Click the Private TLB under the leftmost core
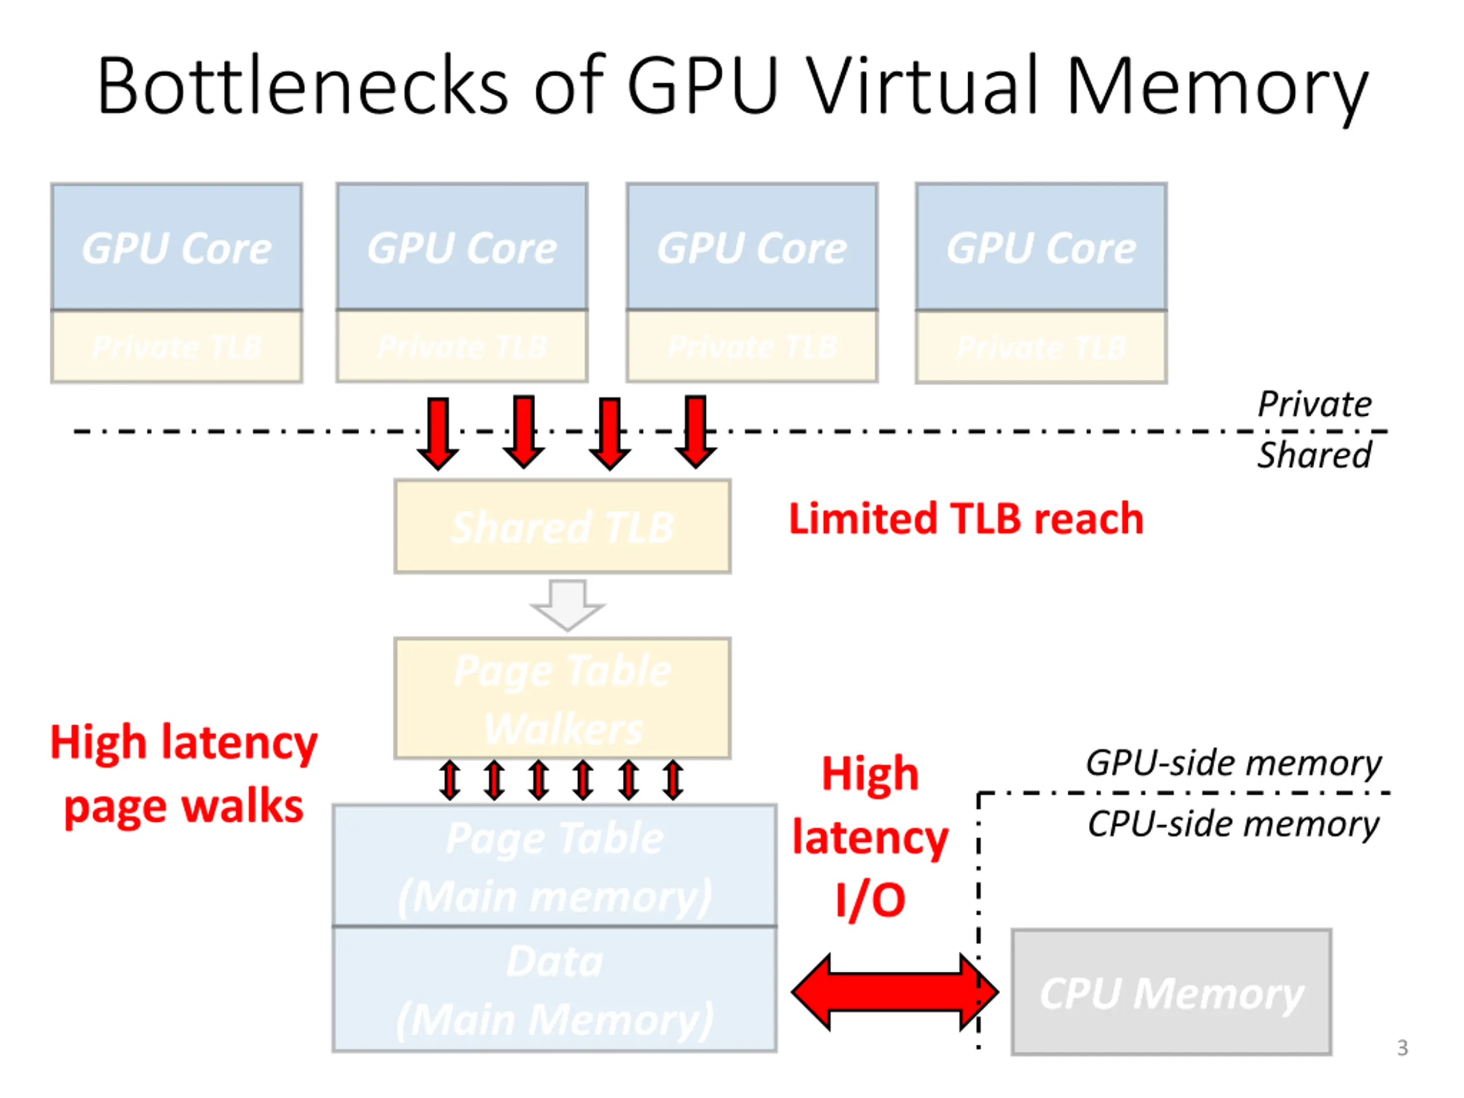(177, 347)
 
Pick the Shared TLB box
(563, 527)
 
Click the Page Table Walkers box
(563, 699)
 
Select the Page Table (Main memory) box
(555, 866)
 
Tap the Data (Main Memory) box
(555, 989)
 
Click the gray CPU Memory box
(1171, 992)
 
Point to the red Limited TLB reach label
(966, 519)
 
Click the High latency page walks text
(184, 774)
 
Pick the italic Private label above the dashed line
(1314, 404)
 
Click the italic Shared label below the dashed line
(1314, 455)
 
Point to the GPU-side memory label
(1234, 763)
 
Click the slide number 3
(1402, 1048)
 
